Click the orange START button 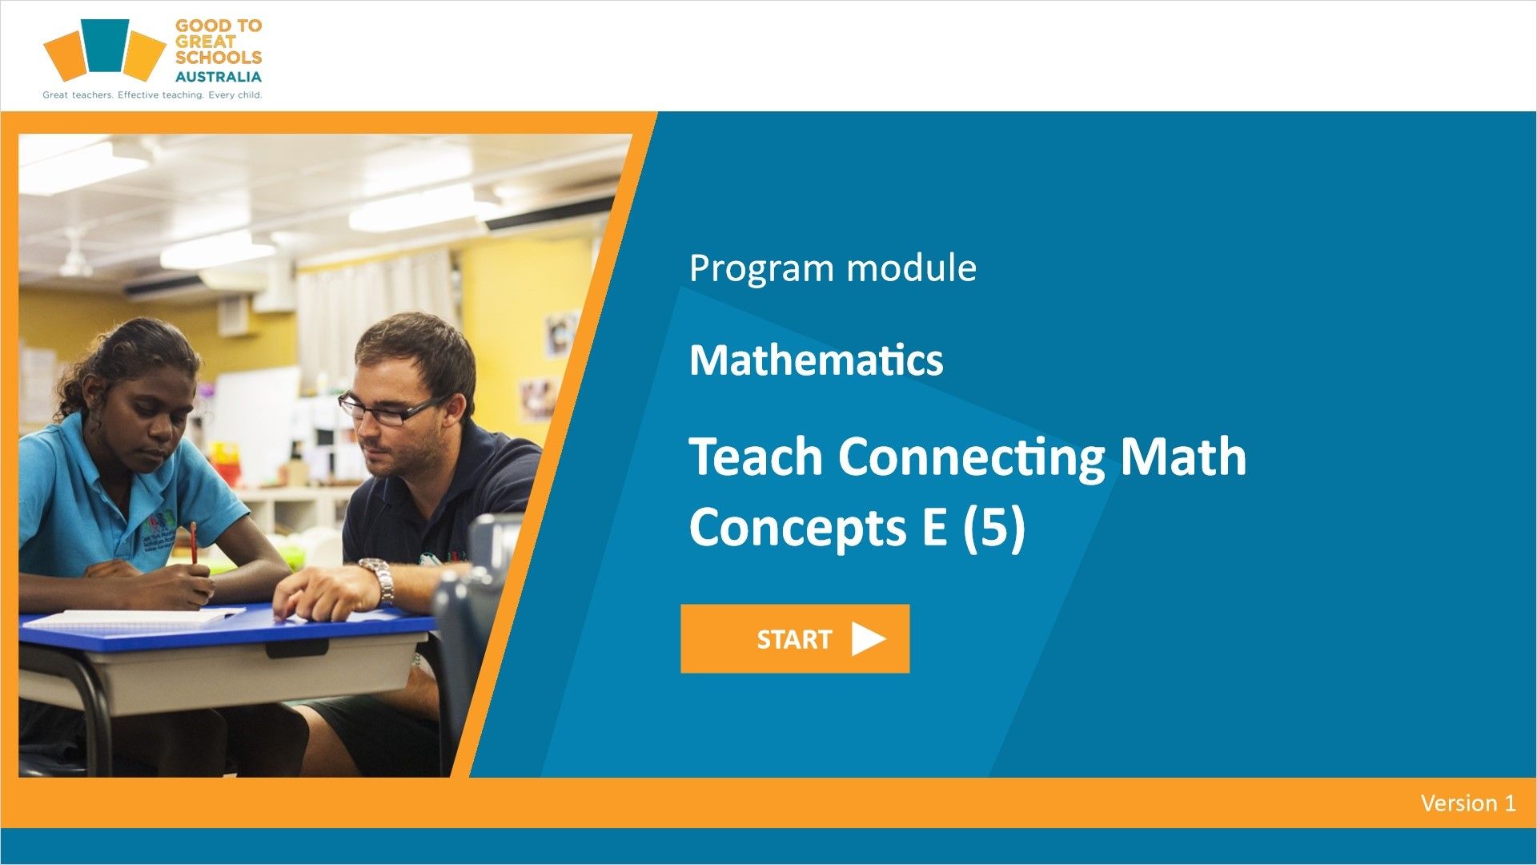coord(795,638)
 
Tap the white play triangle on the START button coord(869,638)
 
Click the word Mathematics coord(816,360)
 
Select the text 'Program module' coord(833,268)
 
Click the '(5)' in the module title coord(993,528)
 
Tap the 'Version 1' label coord(1468,803)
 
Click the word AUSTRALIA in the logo coord(218,77)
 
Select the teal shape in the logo coord(106,46)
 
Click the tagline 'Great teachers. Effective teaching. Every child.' coord(152,95)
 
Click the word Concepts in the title coord(797,529)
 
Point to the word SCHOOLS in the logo coord(219,58)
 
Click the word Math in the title coord(1183,457)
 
